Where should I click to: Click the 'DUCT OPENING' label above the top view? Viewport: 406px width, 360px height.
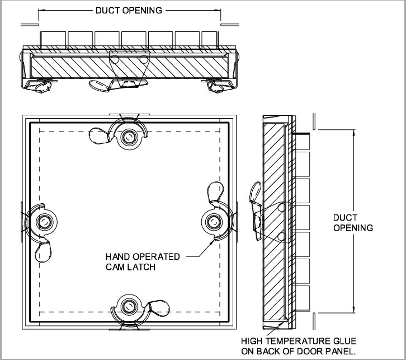coord(129,10)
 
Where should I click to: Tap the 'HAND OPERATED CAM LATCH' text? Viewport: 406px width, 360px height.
coord(143,262)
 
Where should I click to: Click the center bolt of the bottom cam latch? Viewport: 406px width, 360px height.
coord(130,306)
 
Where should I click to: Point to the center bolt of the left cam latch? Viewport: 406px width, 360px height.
coord(43,222)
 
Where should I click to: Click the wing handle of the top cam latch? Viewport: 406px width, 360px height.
coord(101,135)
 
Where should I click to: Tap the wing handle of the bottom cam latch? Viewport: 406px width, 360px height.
coord(158,307)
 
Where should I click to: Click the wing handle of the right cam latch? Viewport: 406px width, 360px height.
coord(214,193)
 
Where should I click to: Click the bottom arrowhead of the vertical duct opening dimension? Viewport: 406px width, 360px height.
coord(353,311)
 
